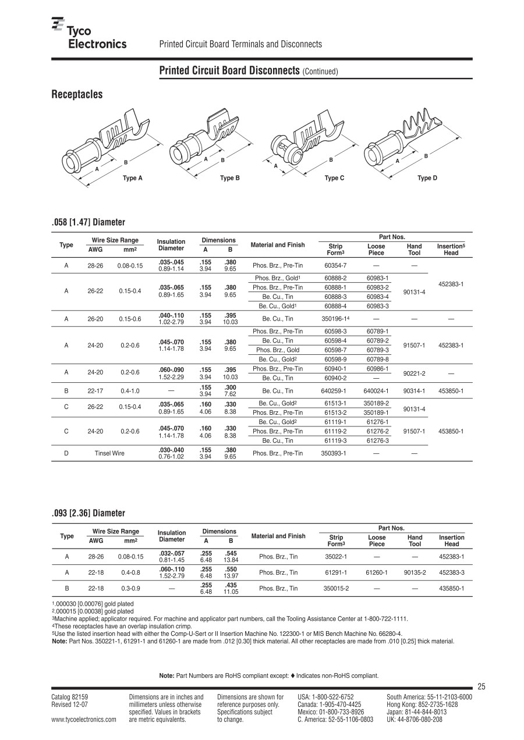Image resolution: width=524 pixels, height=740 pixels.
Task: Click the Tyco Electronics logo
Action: [x=88, y=34]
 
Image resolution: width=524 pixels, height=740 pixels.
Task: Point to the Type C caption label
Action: [x=334, y=178]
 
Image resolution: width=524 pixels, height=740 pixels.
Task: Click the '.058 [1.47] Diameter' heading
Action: [x=88, y=222]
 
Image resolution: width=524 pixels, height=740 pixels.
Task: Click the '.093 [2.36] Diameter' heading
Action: [x=88, y=513]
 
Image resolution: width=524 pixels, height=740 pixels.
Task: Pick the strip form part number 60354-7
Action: [x=335, y=265]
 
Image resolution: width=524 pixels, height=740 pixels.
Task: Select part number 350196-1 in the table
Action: [x=335, y=319]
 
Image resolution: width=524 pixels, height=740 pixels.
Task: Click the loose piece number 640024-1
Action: [x=376, y=391]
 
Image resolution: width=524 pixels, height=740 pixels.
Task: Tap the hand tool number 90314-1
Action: [x=414, y=391]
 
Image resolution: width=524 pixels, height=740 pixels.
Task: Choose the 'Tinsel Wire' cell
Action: [x=109, y=453]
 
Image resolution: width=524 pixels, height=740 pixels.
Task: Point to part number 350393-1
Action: [x=335, y=453]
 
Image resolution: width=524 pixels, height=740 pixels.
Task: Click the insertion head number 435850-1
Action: [x=451, y=589]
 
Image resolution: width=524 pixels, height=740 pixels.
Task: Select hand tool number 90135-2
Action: [x=415, y=572]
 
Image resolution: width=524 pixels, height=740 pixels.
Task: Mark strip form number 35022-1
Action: [x=336, y=557]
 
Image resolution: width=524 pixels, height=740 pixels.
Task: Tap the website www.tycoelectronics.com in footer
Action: [x=83, y=720]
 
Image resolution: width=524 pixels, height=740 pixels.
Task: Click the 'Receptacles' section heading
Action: [x=77, y=94]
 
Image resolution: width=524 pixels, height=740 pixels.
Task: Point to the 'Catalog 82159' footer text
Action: [x=70, y=697]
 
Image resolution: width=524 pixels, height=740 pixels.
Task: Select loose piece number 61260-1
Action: [x=377, y=572]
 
